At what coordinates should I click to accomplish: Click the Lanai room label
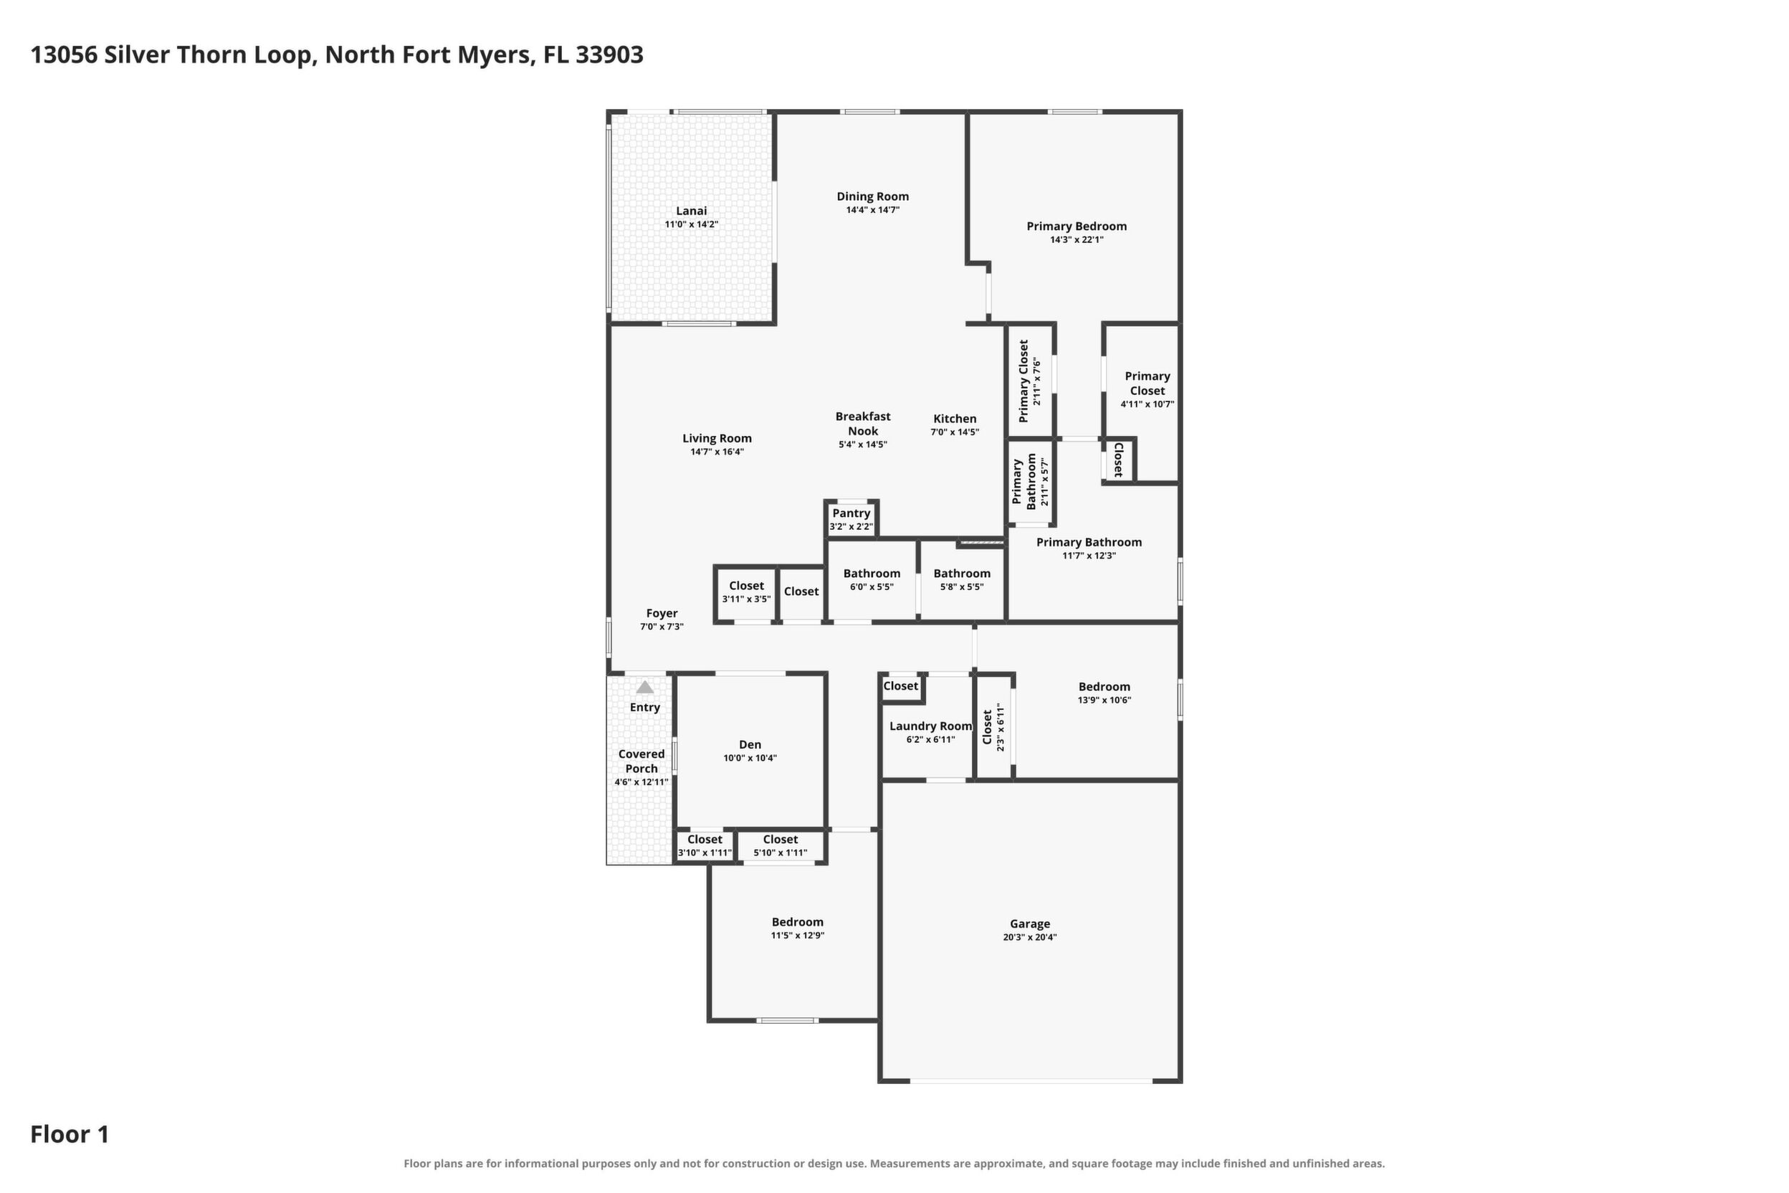[x=692, y=211]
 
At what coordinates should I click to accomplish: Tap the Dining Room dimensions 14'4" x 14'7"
[x=872, y=210]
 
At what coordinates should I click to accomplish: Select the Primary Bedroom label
[x=1077, y=226]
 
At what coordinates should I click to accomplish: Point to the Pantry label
[x=851, y=513]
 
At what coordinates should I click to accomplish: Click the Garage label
[x=1030, y=923]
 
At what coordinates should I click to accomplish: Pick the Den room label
[x=750, y=744]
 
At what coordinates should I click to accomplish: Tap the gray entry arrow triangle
[x=645, y=687]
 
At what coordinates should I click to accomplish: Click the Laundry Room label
[x=931, y=726]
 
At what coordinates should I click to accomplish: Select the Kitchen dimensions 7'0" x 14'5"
[x=955, y=432]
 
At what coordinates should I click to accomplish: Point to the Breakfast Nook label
[x=862, y=423]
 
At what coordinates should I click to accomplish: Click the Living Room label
[x=717, y=438]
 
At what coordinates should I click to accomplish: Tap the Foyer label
[x=662, y=613]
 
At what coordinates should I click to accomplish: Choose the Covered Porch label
[x=641, y=761]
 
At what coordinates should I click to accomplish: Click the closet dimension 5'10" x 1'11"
[x=781, y=853]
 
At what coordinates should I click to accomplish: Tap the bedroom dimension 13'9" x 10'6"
[x=1105, y=700]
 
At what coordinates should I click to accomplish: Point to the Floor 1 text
[x=70, y=1134]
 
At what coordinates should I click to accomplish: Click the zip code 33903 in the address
[x=609, y=54]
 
